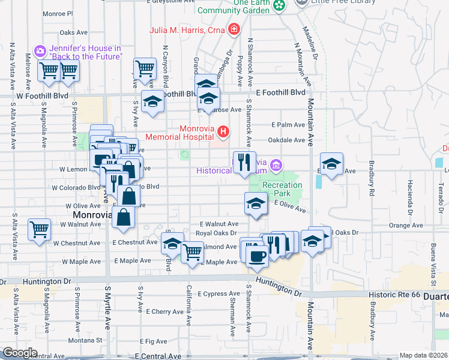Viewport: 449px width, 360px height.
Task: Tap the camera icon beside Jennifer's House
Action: [x=40, y=52]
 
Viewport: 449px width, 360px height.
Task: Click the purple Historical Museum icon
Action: [x=276, y=164]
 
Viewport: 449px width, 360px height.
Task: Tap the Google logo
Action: [x=20, y=353]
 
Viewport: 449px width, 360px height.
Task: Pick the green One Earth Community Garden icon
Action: [x=279, y=5]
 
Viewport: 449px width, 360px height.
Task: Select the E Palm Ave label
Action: [x=288, y=125]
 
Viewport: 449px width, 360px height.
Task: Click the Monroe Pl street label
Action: [x=58, y=13]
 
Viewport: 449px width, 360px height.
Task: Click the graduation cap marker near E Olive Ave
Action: [x=256, y=204]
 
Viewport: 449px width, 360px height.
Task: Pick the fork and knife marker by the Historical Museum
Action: [x=244, y=162]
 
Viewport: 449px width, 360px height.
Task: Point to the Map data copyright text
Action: [x=423, y=355]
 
